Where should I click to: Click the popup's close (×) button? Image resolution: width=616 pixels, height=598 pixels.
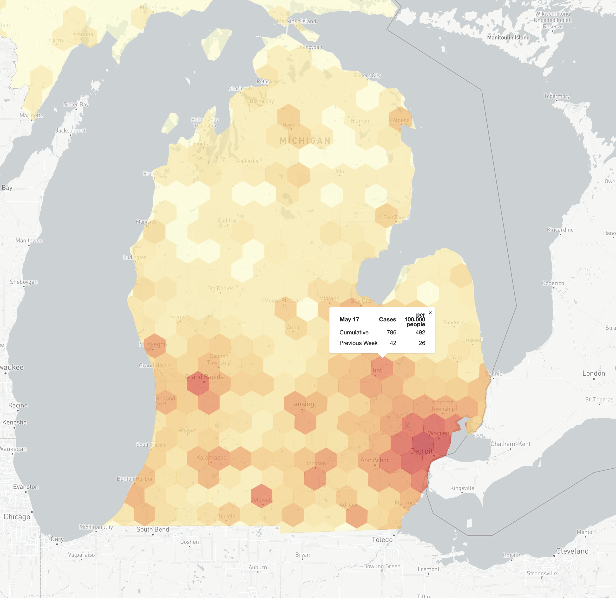pyautogui.click(x=430, y=312)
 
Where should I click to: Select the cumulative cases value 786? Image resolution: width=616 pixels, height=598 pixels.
pyautogui.click(x=391, y=332)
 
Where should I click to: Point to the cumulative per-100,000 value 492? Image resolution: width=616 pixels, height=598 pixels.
pyautogui.click(x=420, y=332)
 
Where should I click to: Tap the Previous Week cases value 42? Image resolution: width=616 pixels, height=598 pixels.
pyautogui.click(x=393, y=343)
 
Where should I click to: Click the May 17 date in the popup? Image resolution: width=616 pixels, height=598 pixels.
pyautogui.click(x=349, y=319)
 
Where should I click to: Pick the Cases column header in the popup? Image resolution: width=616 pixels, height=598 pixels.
pyautogui.click(x=387, y=319)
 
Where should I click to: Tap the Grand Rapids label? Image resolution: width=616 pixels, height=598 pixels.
pyautogui.click(x=204, y=377)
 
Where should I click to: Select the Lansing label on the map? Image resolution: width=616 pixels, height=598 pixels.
pyautogui.click(x=302, y=404)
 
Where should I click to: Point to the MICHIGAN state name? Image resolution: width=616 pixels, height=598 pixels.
pyautogui.click(x=305, y=140)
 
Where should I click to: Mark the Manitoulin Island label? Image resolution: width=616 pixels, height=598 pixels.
pyautogui.click(x=508, y=37)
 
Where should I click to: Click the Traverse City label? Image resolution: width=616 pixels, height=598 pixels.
pyautogui.click(x=209, y=158)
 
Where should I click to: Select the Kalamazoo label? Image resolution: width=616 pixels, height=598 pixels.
pyautogui.click(x=211, y=458)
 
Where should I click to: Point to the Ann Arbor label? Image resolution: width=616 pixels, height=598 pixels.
pyautogui.click(x=375, y=460)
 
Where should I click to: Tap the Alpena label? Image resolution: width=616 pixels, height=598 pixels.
pyautogui.click(x=401, y=120)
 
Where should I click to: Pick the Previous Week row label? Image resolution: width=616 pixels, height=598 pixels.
pyautogui.click(x=358, y=343)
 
